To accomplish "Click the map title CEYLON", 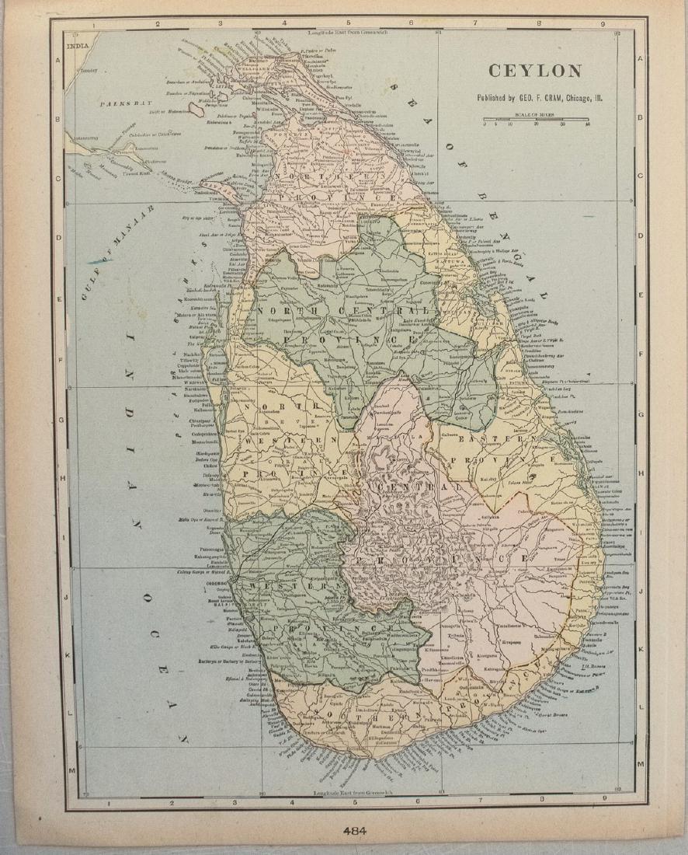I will tap(534, 72).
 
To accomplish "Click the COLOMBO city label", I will tap(216, 582).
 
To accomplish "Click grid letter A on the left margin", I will tap(58, 60).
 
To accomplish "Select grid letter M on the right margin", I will tap(641, 765).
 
